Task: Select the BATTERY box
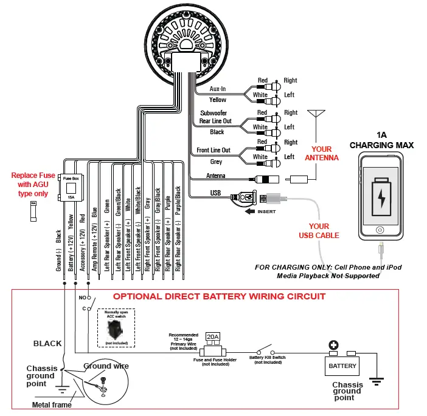coord(342,366)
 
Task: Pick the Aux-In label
coord(218,89)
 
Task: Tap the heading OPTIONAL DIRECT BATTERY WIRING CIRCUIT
coord(220,296)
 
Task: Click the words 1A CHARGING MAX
coord(381,140)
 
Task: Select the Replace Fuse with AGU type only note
coord(33,184)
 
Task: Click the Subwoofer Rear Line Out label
coord(216,117)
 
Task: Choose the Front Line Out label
coord(213,151)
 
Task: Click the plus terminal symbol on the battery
coord(333,346)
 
